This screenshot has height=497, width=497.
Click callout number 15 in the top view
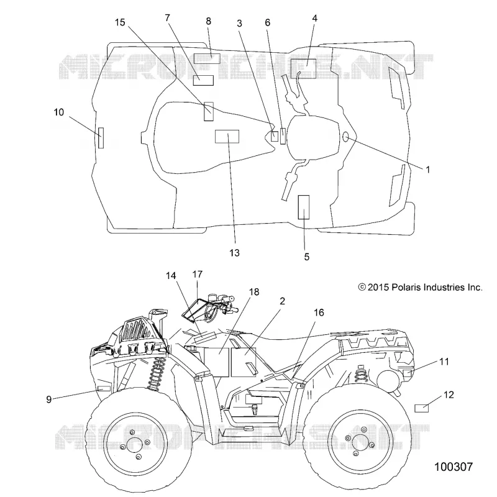(120, 22)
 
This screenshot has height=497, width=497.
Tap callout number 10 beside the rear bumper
(59, 112)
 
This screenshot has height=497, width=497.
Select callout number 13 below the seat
(235, 253)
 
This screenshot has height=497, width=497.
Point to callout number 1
(427, 170)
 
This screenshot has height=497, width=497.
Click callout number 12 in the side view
(449, 395)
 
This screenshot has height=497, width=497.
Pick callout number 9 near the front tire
(49, 399)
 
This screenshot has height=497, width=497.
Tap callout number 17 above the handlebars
(197, 274)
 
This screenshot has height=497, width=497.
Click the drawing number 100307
(454, 467)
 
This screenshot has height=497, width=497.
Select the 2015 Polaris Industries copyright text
(421, 288)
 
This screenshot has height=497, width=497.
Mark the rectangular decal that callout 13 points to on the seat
(227, 136)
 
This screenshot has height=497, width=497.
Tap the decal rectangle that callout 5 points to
(304, 207)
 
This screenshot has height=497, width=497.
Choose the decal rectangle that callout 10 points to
(101, 138)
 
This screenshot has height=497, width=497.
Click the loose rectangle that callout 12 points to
(422, 408)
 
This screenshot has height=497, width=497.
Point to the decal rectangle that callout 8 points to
(207, 59)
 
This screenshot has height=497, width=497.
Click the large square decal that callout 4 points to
(303, 68)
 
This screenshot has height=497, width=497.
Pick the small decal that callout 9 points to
(104, 389)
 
